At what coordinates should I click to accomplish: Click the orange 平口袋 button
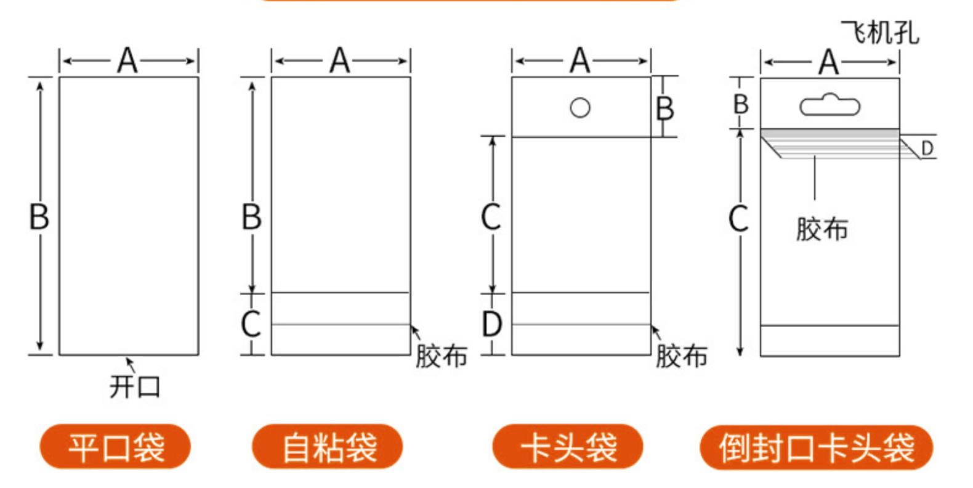(115, 447)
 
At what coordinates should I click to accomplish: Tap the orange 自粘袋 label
(328, 447)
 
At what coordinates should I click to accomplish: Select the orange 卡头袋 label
(568, 447)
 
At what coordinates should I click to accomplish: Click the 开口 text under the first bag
(135, 387)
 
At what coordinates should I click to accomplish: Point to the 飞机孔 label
(879, 32)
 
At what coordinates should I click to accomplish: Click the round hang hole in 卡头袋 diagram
(580, 107)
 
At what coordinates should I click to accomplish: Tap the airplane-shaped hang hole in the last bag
(830, 105)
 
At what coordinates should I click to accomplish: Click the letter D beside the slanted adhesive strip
(927, 148)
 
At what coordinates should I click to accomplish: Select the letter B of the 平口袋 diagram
(39, 217)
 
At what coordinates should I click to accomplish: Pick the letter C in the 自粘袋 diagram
(251, 324)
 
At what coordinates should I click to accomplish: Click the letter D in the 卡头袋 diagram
(491, 324)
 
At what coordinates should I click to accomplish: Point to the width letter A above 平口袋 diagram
(127, 61)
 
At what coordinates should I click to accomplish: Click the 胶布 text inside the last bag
(822, 229)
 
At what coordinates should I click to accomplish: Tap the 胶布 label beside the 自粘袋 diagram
(441, 356)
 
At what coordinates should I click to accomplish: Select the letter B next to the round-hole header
(665, 109)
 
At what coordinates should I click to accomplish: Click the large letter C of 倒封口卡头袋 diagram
(739, 218)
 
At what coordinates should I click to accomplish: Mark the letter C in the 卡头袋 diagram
(491, 217)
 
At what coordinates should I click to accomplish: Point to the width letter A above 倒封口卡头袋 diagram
(829, 62)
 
